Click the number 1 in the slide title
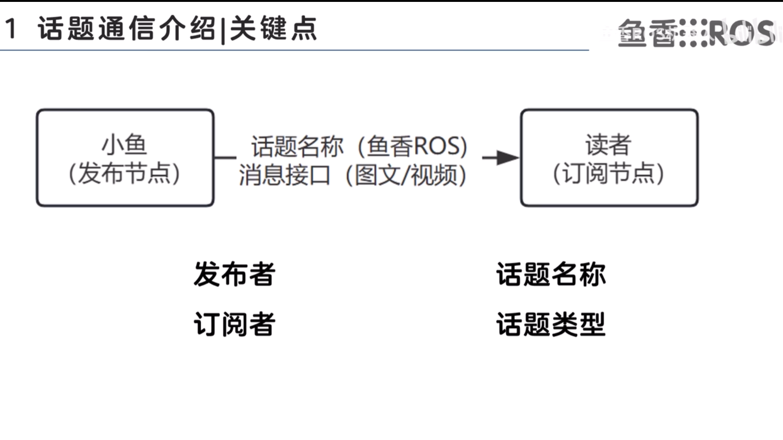[x=11, y=29]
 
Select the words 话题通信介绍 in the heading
[x=126, y=29]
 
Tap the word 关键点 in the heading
[x=273, y=29]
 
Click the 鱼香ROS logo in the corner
[x=696, y=33]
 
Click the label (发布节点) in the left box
[x=125, y=174]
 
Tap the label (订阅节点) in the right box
[x=608, y=174]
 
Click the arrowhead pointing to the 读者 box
[x=507, y=158]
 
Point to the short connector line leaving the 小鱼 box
[x=225, y=158]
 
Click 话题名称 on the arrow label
[x=297, y=146]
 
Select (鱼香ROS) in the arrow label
[x=413, y=146]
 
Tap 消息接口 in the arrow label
[x=284, y=175]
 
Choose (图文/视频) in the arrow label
[x=406, y=175]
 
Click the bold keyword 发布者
[x=235, y=274]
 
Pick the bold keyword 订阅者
[x=235, y=324]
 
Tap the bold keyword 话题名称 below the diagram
[x=551, y=274]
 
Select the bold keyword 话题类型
[x=551, y=324]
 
